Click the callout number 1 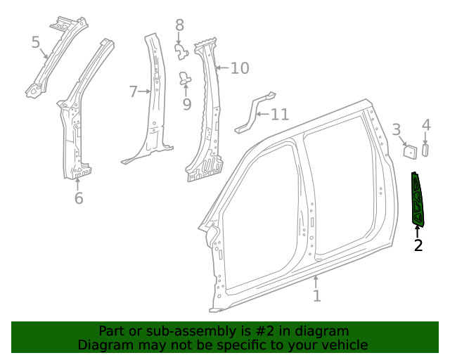click(316, 296)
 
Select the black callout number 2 click(418, 245)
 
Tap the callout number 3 click(397, 129)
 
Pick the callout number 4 click(425, 125)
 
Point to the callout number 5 click(36, 43)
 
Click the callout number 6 click(79, 198)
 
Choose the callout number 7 click(133, 91)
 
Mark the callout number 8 click(179, 25)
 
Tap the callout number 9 click(186, 105)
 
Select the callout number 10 click(240, 68)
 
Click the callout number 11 click(279, 114)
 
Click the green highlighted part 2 click(419, 200)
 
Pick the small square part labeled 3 click(409, 150)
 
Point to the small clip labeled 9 click(186, 78)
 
